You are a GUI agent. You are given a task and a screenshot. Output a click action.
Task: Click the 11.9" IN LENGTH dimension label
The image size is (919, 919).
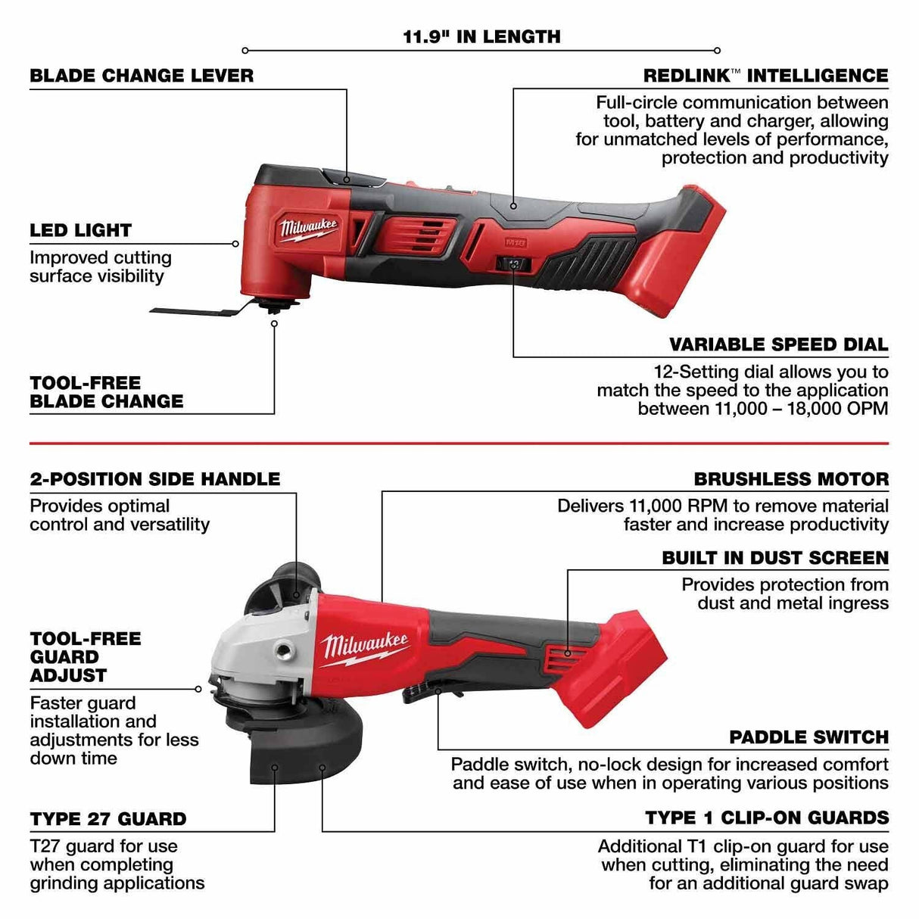click(481, 36)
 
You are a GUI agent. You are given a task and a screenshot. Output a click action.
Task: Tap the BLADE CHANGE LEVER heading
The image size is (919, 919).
click(142, 76)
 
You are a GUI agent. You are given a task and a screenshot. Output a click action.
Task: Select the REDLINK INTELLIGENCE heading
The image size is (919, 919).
click(765, 76)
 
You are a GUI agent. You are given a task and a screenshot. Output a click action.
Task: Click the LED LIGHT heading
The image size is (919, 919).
click(80, 230)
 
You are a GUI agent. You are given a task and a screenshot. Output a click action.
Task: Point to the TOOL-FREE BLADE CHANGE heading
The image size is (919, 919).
click(106, 392)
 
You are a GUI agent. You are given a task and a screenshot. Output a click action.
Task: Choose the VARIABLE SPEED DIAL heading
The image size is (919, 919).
click(778, 344)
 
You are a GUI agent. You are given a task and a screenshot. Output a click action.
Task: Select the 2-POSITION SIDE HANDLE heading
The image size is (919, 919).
click(154, 479)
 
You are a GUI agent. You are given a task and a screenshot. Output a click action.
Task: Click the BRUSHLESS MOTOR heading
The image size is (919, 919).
click(791, 479)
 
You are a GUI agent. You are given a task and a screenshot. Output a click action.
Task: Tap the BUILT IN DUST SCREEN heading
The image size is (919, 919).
click(775, 558)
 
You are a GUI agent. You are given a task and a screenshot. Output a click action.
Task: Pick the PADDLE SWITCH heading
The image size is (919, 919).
click(808, 737)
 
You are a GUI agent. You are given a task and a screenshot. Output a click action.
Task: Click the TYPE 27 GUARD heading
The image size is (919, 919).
click(107, 819)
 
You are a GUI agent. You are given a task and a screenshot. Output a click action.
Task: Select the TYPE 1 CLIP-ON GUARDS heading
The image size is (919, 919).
click(767, 818)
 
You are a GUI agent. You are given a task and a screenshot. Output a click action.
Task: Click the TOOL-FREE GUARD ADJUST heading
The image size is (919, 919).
click(85, 657)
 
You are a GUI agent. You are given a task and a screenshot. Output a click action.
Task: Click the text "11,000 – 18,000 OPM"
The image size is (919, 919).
click(763, 409)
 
